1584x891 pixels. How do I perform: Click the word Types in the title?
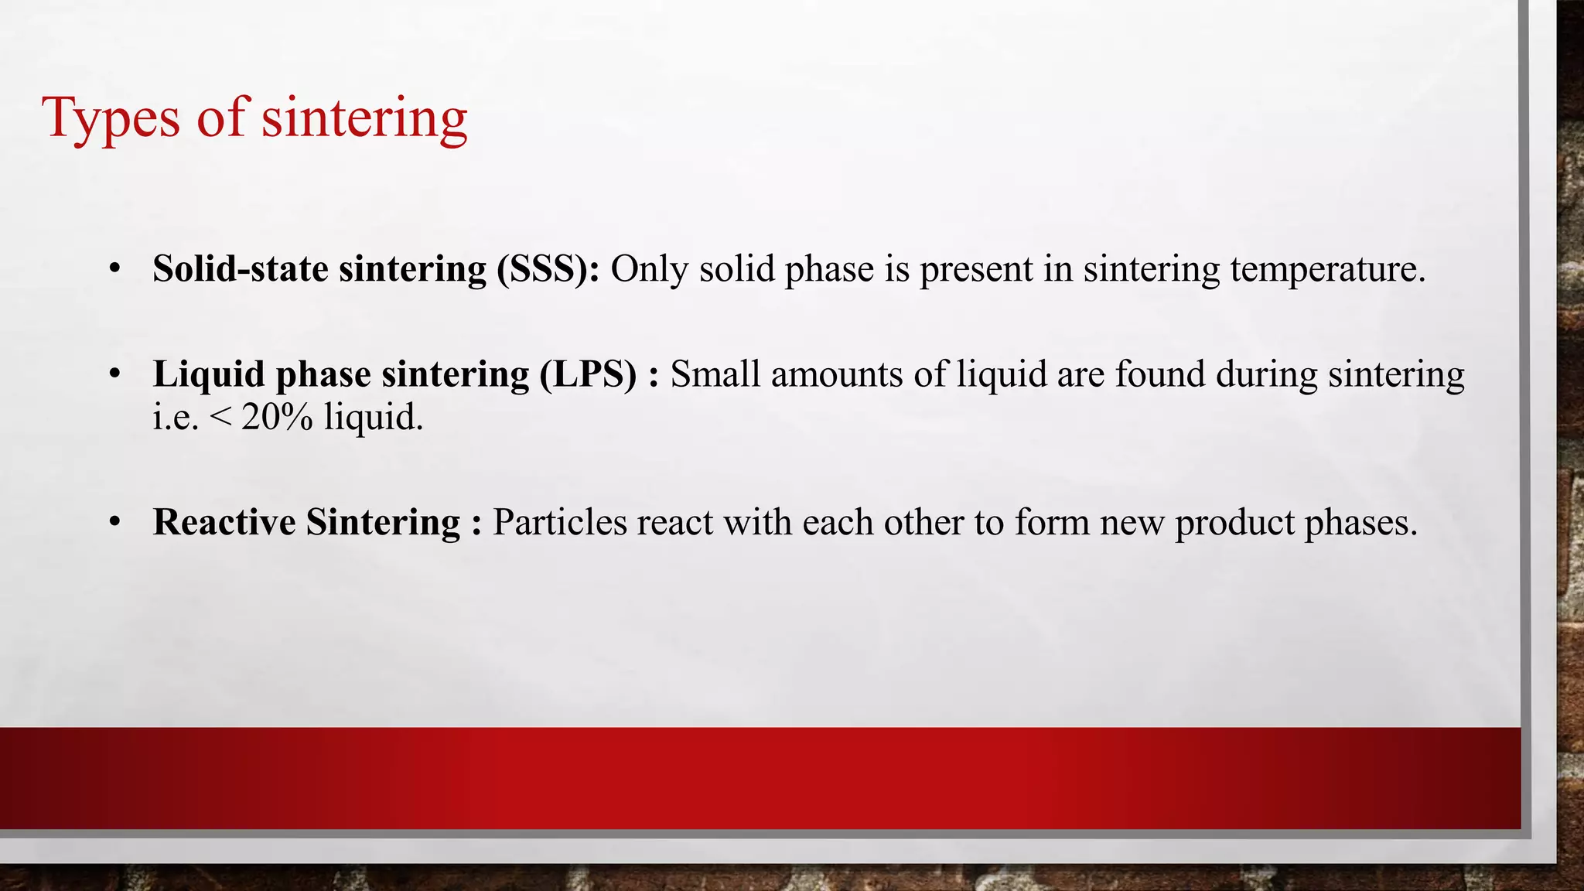(x=111, y=118)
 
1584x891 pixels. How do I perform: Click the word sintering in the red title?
(x=364, y=118)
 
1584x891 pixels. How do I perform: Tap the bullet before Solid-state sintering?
(x=114, y=269)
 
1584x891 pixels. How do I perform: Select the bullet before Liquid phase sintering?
(x=114, y=374)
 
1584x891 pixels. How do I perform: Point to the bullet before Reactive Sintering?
(x=114, y=522)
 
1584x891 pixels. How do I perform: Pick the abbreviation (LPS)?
(x=589, y=374)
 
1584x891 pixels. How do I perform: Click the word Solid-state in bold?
(x=241, y=269)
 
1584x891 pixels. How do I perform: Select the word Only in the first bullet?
(x=650, y=269)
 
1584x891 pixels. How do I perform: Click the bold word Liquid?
(x=209, y=374)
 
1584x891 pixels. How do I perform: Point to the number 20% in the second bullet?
(x=277, y=418)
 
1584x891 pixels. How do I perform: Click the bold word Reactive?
(x=224, y=522)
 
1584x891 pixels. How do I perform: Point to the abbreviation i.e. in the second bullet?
(x=176, y=418)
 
